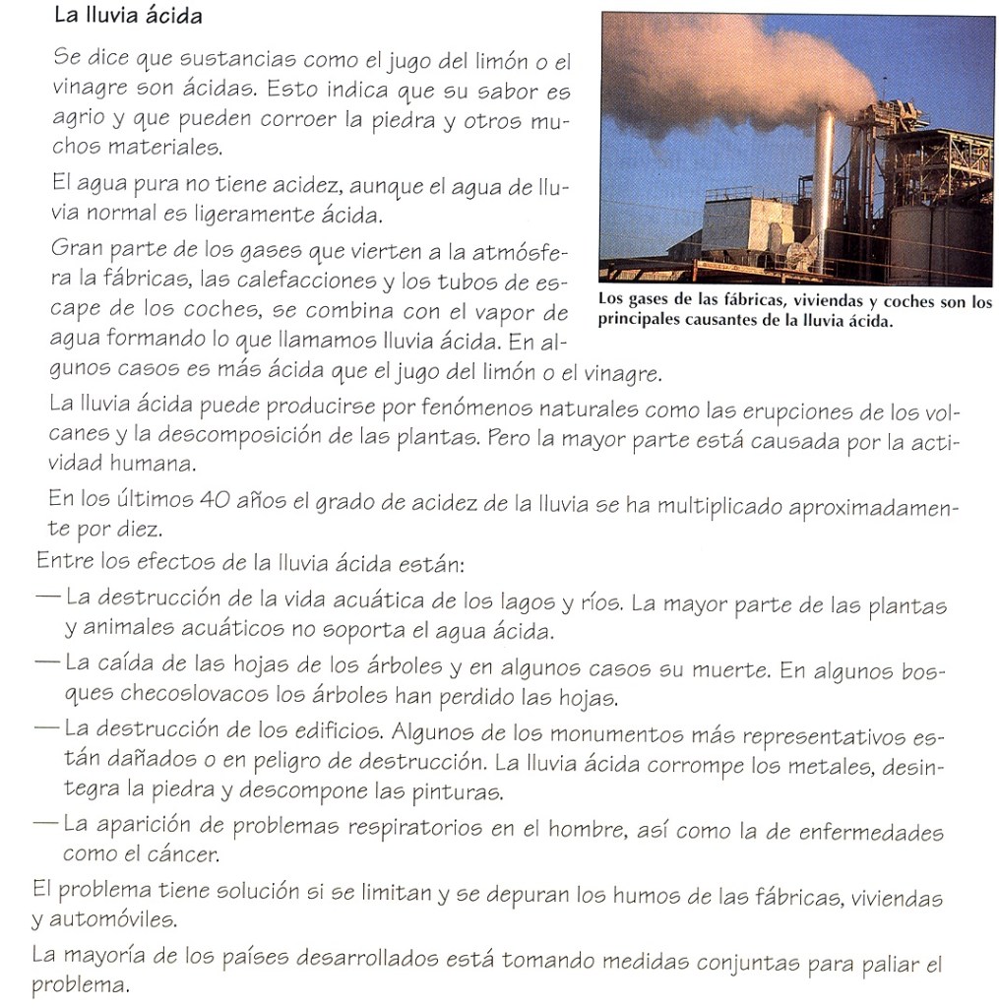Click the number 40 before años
[218, 500]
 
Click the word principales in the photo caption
[636, 321]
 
